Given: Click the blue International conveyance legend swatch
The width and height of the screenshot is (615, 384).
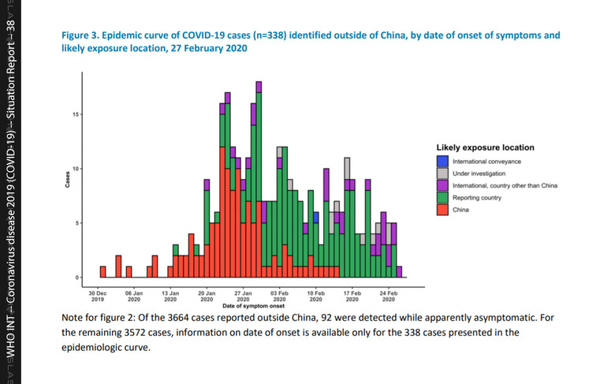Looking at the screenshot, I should tap(442, 161).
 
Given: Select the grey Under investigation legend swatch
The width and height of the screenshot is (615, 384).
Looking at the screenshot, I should tap(442, 173).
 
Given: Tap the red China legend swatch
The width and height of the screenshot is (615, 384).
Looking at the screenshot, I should tap(442, 210).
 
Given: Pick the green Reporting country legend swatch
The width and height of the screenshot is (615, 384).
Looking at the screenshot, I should tap(442, 197).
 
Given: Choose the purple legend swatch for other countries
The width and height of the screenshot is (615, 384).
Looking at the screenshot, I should tap(442, 185).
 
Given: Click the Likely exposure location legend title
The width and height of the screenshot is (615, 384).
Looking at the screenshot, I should tap(485, 147).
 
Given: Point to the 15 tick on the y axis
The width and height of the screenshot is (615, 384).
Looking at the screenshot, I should tap(76, 114).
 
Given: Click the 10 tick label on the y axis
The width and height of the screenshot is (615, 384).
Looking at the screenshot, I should tap(76, 169).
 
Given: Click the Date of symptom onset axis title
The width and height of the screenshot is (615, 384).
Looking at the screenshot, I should tap(244, 305).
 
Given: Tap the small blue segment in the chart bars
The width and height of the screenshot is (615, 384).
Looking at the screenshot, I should tap(315, 218).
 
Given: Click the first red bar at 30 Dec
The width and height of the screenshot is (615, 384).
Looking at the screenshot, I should tap(102, 272).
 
